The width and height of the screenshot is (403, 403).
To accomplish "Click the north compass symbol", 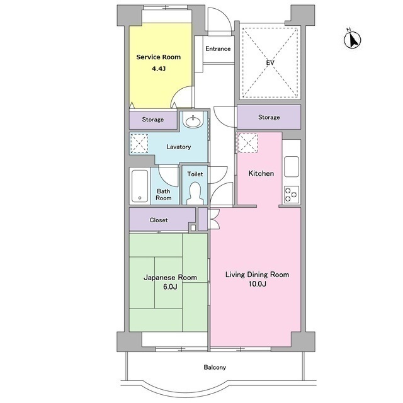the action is (x=353, y=39).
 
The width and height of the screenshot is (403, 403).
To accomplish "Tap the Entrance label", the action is (x=218, y=48).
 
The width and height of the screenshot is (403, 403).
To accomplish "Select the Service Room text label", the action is (x=158, y=57).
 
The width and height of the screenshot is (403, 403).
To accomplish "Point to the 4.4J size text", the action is (x=159, y=69).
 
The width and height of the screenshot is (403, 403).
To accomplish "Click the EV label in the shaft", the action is (x=270, y=62).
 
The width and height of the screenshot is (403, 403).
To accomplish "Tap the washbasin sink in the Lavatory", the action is (x=193, y=122).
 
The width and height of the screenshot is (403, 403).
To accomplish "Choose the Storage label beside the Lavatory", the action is (x=152, y=120).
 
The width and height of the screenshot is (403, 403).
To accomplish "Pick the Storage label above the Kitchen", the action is (x=269, y=117).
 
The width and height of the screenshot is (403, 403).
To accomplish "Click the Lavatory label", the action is (x=178, y=147).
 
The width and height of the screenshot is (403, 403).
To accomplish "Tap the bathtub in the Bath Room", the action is (x=140, y=186).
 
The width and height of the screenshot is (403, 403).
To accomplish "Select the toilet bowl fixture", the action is (x=195, y=193).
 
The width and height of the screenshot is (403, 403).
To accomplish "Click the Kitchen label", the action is (x=261, y=174).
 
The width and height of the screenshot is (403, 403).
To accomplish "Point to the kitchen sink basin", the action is (x=292, y=166).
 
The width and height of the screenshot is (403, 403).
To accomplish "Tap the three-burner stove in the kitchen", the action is (x=292, y=195).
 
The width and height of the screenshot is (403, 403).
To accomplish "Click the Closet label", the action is (x=159, y=220).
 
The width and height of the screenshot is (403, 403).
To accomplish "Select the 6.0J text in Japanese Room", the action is (x=170, y=287).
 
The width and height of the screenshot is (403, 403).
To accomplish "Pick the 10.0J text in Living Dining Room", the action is (x=257, y=284).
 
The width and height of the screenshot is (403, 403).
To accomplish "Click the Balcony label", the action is (x=215, y=367).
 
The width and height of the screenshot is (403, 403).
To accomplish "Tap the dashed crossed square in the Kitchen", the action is (x=247, y=143).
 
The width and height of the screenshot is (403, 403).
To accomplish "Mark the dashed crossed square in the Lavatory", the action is (x=139, y=143).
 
